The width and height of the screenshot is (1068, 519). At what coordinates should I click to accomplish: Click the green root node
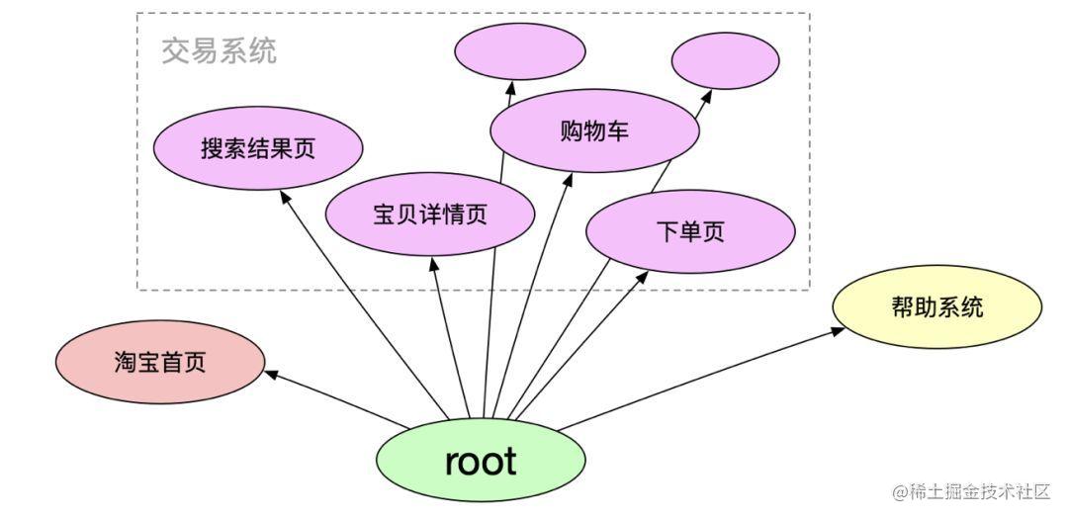(481, 461)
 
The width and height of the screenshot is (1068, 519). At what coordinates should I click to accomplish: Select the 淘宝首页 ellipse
(160, 363)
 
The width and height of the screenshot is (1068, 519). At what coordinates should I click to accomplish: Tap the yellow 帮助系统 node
(937, 306)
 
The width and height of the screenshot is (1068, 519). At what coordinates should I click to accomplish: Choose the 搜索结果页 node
(258, 148)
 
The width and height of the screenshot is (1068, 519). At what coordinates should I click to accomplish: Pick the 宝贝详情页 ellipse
(430, 215)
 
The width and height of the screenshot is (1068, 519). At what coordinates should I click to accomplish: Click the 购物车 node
(594, 130)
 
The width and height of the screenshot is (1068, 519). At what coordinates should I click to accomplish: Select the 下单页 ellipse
(690, 232)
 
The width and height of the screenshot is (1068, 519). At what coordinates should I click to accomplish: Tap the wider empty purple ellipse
(520, 53)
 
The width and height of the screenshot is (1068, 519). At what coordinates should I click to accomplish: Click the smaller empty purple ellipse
(726, 60)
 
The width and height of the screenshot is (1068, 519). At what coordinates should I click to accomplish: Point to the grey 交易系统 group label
(220, 50)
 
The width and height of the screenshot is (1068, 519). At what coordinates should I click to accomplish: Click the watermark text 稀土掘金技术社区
(980, 491)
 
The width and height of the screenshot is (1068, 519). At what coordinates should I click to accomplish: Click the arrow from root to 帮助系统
(701, 379)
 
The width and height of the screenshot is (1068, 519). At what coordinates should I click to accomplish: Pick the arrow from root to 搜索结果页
(364, 304)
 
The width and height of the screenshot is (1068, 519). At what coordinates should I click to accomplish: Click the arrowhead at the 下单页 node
(642, 277)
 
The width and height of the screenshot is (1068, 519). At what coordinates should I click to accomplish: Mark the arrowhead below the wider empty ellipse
(510, 87)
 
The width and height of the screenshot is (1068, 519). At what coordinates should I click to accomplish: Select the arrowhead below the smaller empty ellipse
(706, 96)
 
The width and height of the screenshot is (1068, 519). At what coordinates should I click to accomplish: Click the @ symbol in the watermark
(900, 491)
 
